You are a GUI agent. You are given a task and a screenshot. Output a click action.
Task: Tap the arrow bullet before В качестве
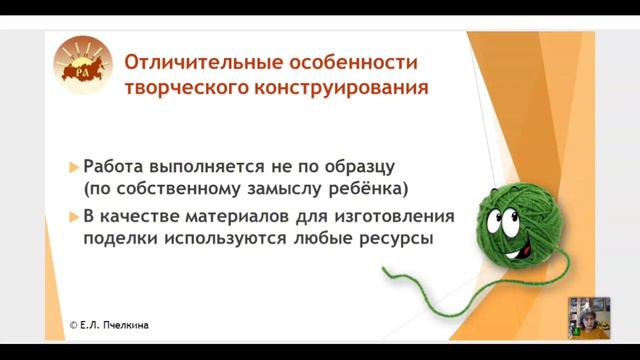(x=74, y=215)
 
